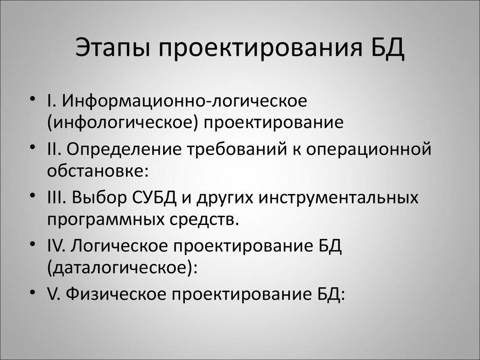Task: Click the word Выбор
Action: (x=96, y=197)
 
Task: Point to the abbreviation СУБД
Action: (x=150, y=197)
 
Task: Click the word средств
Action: (x=202, y=220)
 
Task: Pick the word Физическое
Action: (x=115, y=295)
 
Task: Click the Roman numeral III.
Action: (x=58, y=197)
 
